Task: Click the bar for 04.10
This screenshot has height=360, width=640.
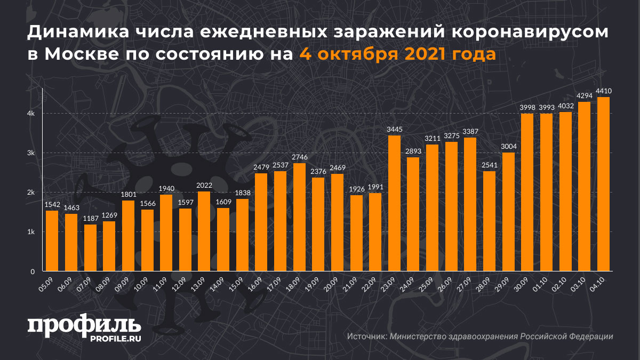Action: pos(603,184)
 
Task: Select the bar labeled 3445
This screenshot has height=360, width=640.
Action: pos(394,203)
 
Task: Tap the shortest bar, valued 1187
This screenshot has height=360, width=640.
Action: pos(91,248)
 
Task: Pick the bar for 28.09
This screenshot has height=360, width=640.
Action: pos(489,221)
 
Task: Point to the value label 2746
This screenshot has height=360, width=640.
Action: pos(299,158)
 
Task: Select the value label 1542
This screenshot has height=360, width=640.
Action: pos(52,205)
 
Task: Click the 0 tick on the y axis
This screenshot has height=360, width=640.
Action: pos(33,271)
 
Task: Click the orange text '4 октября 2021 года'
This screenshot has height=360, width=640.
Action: pos(397,54)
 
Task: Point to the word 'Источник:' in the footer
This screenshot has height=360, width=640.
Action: pos(367,337)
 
